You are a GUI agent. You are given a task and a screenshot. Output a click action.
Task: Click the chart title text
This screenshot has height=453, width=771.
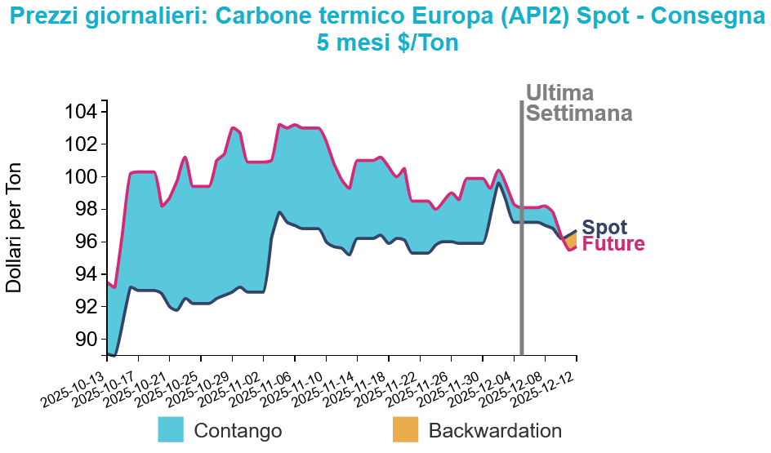click(388, 27)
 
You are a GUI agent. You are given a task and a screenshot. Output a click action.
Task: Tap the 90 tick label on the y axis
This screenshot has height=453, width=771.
click(86, 339)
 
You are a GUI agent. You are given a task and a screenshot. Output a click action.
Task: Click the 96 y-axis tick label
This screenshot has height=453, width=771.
click(86, 242)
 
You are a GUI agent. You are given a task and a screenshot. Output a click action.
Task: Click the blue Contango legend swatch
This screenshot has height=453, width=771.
click(171, 429)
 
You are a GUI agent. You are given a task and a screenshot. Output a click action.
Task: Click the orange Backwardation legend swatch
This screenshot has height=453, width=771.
click(405, 429)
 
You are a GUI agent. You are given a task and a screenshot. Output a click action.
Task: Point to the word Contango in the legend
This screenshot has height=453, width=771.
click(238, 431)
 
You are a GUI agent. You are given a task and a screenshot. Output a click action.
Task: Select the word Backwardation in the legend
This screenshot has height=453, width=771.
click(495, 431)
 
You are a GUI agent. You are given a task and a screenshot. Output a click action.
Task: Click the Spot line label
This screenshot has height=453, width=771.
click(604, 228)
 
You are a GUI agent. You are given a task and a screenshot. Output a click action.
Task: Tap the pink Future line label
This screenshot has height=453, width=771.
click(613, 244)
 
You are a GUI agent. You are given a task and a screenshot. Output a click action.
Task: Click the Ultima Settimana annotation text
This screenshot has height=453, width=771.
click(578, 103)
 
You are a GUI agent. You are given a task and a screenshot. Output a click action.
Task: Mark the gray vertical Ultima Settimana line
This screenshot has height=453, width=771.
click(521, 245)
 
